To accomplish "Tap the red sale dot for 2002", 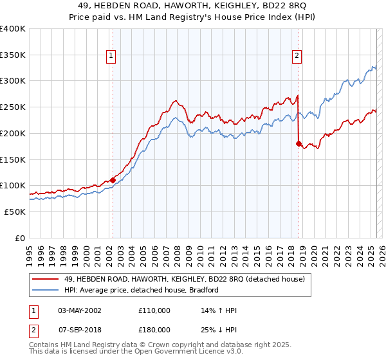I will (x=113, y=180).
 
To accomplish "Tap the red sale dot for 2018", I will (x=299, y=143).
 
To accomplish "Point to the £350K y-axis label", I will (x=13, y=55).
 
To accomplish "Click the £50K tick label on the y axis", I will (x=15, y=212).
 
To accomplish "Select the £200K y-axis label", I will (x=13, y=133).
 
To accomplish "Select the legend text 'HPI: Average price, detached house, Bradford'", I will (x=142, y=290).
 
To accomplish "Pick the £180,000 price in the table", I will (x=154, y=329).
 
